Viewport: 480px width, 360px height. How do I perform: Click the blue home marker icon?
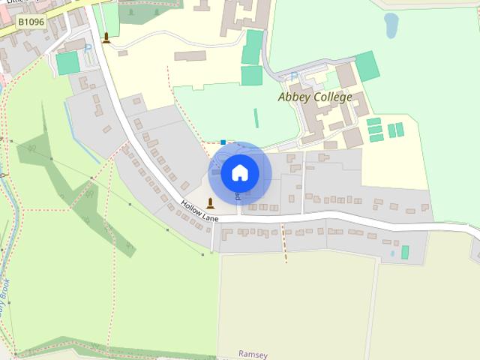tap(239, 172)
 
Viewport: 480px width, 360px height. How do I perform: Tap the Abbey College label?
tap(314, 97)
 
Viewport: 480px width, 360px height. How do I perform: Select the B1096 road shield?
tap(31, 22)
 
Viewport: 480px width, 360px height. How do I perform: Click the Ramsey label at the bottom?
tap(253, 353)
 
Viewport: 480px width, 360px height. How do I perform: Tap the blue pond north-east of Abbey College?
tap(391, 25)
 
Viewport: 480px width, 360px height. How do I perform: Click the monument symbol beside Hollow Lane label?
tap(210, 202)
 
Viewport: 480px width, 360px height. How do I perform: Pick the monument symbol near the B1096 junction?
tap(106, 37)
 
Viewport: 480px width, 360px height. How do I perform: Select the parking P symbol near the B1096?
tap(88, 49)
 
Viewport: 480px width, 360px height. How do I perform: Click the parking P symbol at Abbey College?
tap(293, 76)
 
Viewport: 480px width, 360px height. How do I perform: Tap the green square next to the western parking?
tap(67, 63)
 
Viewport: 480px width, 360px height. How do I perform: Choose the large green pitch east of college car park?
tap(367, 66)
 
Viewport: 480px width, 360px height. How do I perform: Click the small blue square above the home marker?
tap(223, 141)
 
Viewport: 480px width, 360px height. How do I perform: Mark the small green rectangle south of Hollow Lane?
tap(405, 252)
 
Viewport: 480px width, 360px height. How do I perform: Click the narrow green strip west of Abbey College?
tap(256, 118)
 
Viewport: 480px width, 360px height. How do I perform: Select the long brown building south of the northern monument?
tap(190, 55)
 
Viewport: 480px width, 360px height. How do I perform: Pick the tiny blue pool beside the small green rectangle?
tap(392, 253)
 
